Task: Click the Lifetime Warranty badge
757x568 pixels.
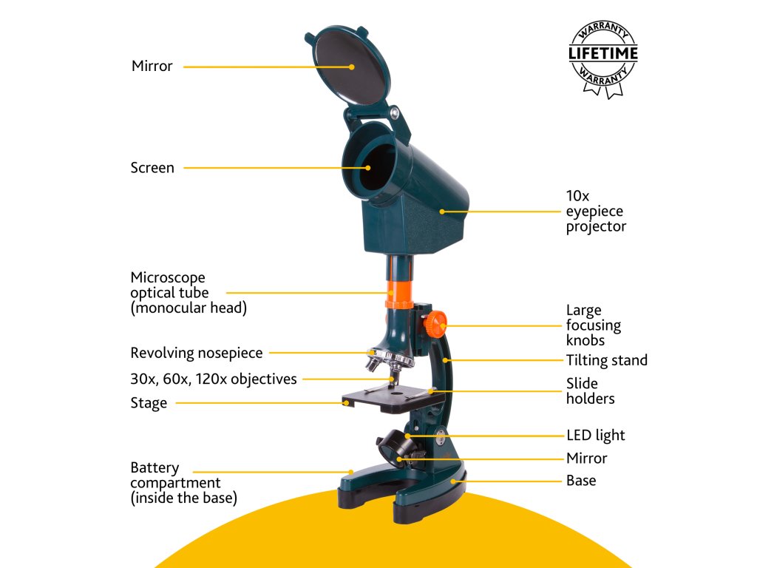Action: point(602,58)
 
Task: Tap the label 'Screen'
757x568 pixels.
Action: point(152,168)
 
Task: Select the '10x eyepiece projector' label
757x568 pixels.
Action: point(596,212)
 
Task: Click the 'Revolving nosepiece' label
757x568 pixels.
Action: point(197,353)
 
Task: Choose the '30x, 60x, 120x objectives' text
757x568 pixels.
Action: point(214,379)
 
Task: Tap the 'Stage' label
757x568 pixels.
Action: point(149,403)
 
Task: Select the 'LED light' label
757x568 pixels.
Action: point(596,435)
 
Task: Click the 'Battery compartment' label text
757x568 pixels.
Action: point(183,483)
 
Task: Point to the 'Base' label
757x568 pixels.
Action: point(581,481)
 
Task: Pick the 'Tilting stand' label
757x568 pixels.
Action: point(607,360)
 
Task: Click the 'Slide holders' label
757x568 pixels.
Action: point(590,391)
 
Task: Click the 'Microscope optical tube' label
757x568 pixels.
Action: point(188,293)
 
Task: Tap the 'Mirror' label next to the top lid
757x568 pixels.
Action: point(152,67)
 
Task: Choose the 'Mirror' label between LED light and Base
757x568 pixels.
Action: point(586,458)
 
